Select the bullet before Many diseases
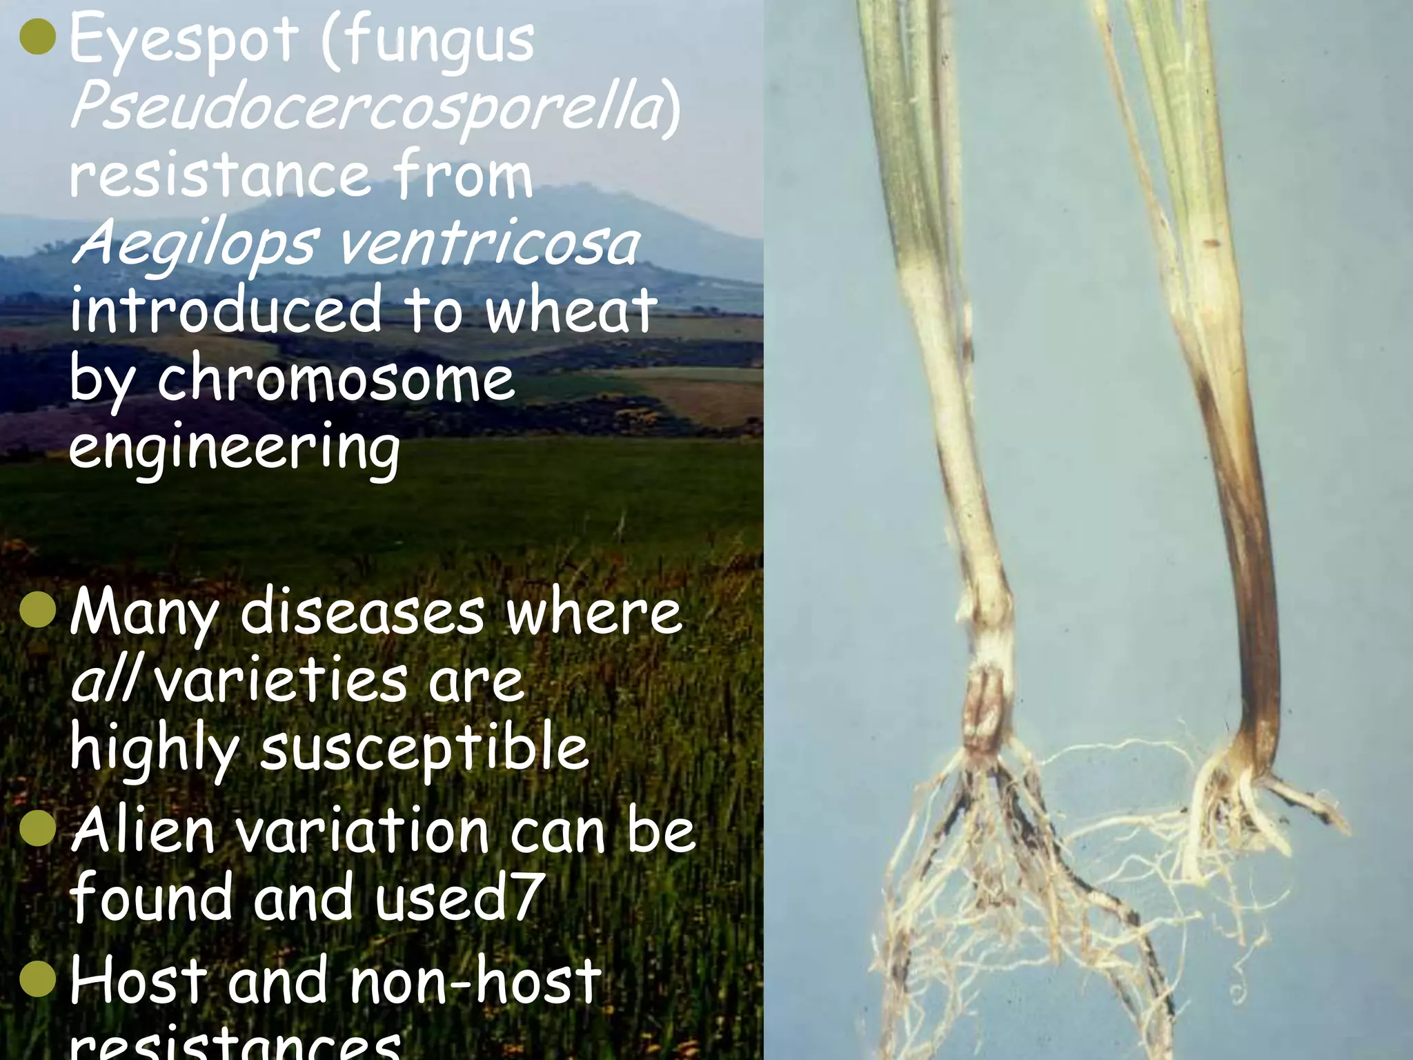(38, 612)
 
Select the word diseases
(363, 612)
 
